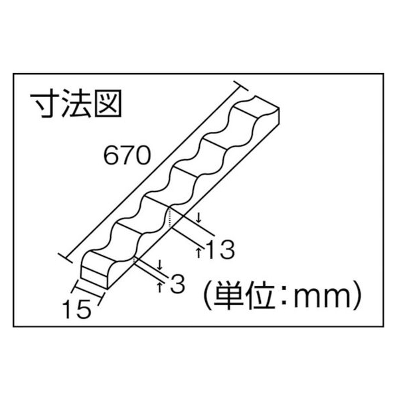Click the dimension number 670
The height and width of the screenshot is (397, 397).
tap(127, 155)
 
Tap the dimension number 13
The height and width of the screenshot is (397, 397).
tap(220, 250)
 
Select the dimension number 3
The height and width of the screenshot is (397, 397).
tap(177, 284)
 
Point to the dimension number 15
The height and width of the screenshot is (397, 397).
tap(78, 309)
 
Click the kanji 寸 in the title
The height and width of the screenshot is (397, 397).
tap(45, 103)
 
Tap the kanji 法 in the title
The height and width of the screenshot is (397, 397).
tap(76, 103)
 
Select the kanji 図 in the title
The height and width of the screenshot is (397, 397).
tap(108, 104)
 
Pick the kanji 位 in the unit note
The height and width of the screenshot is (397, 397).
tap(260, 295)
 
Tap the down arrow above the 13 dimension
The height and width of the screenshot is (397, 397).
tap(198, 218)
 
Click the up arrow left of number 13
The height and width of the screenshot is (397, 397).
tap(198, 253)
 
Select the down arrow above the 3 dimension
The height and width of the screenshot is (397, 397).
tap(159, 265)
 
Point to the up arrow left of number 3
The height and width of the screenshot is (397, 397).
tap(159, 287)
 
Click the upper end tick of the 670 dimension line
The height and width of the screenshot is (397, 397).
tap(241, 86)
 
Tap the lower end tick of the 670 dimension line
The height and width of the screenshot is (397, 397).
tap(65, 258)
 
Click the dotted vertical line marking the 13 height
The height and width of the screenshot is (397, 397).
tap(169, 218)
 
